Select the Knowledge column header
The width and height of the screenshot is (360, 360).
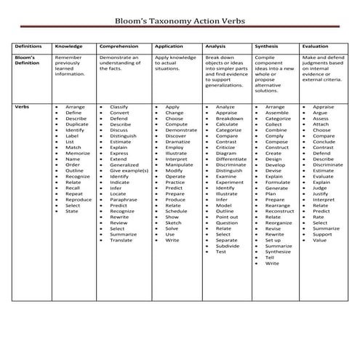coord(68,46)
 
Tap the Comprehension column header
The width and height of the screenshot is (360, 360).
coord(119,46)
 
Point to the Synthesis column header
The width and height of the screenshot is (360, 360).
coord(266,46)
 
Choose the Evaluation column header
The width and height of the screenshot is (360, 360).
coord(316,46)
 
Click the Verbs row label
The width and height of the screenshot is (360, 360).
coord(22,107)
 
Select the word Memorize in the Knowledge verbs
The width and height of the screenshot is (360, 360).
coord(78,153)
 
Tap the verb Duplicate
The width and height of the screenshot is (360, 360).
coord(77,124)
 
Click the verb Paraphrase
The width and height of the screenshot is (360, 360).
coord(124,200)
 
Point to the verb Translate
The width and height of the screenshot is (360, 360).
coord(121,240)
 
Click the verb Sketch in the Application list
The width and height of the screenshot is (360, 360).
coord(173,223)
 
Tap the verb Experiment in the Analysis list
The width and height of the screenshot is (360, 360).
coord(228,183)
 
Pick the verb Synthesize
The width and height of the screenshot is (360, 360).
coord(278,252)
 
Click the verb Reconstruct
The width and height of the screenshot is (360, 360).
coord(279,211)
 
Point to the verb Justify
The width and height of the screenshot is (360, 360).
coord(320,194)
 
